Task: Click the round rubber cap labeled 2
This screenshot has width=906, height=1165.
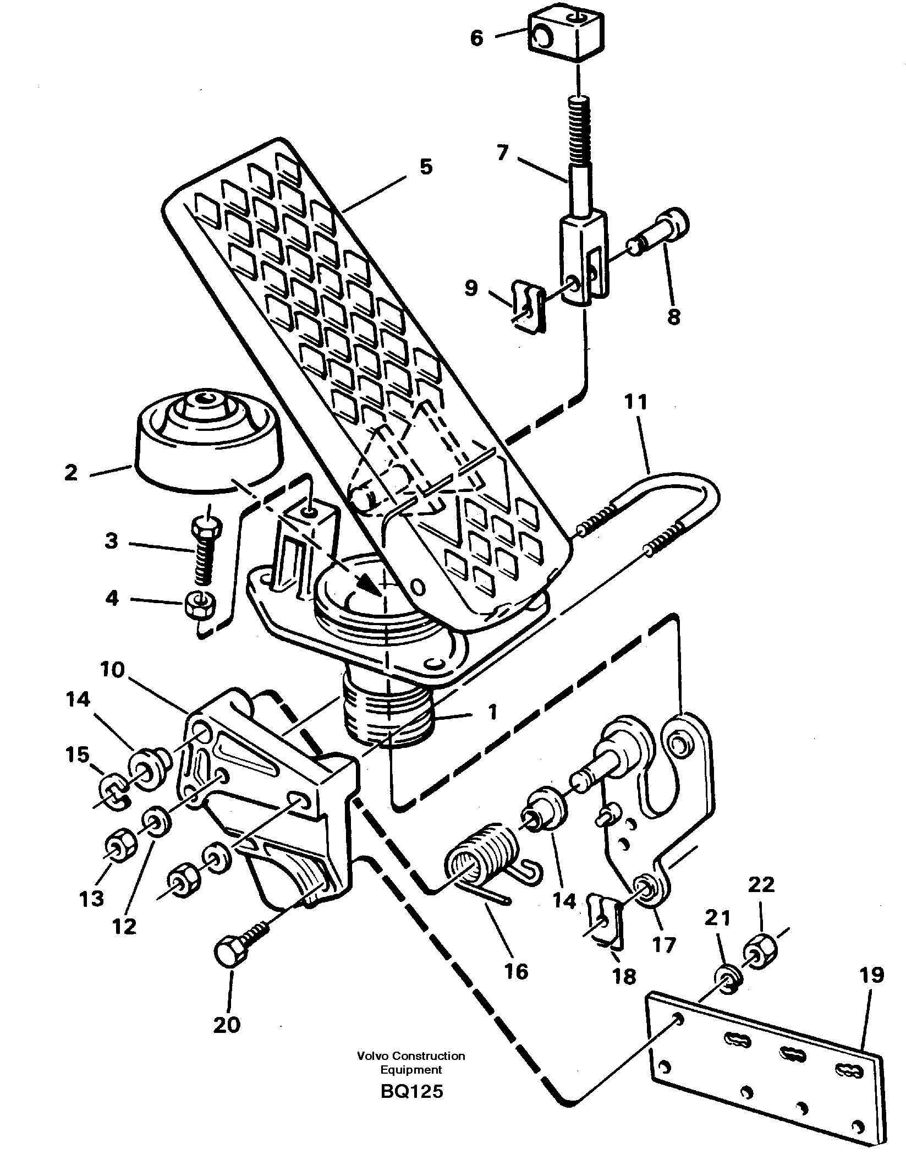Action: click(x=208, y=440)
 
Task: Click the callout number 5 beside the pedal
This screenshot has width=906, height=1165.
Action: click(x=426, y=167)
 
